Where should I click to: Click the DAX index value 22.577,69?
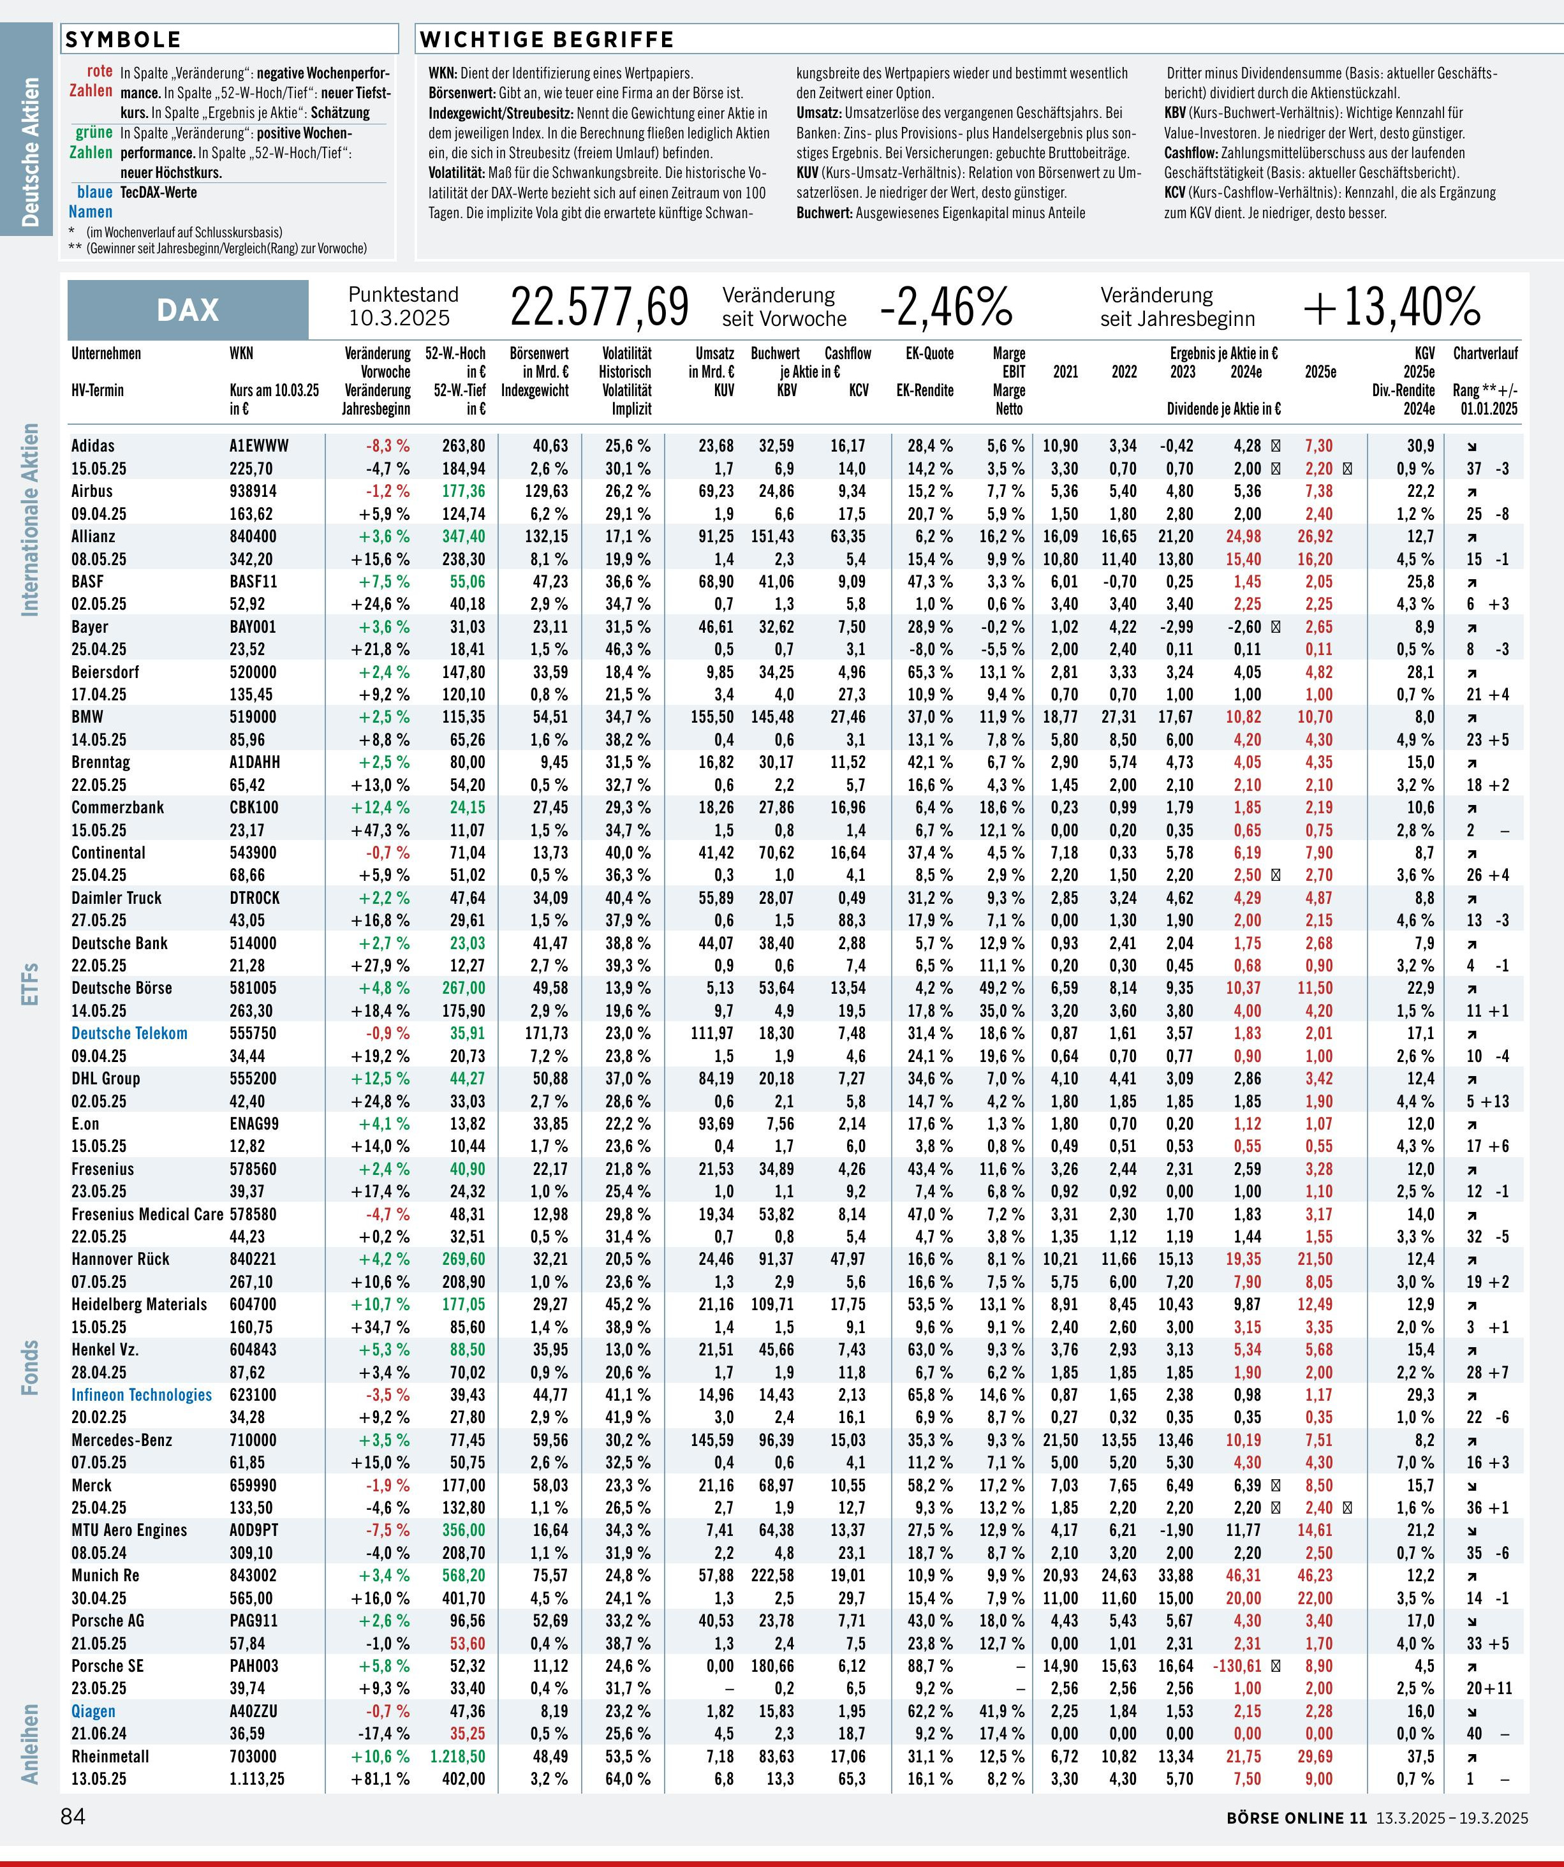click(x=600, y=307)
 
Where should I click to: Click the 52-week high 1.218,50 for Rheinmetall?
click(x=457, y=1756)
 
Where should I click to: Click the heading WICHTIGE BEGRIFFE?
click(x=547, y=39)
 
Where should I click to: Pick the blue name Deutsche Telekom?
click(x=129, y=1033)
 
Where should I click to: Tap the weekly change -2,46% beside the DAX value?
click(x=946, y=307)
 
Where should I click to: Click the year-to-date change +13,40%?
click(x=1392, y=307)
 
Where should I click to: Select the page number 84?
click(x=73, y=1815)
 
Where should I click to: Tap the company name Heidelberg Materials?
click(x=138, y=1304)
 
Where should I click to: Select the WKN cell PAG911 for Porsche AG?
click(x=253, y=1620)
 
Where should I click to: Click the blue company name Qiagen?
click(x=93, y=1711)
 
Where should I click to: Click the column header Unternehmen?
click(x=106, y=353)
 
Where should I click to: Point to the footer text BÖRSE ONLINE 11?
click(x=1295, y=1817)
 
